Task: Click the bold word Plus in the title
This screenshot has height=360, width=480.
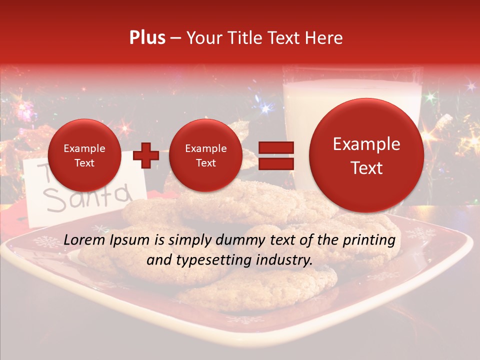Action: [x=147, y=38]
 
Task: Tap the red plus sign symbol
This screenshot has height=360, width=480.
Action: [x=146, y=155]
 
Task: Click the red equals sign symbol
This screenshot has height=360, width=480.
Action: [x=276, y=155]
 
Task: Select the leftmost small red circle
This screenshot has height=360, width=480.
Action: [x=84, y=155]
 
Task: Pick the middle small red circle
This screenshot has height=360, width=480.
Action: [x=205, y=155]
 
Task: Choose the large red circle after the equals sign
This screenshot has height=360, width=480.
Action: [x=366, y=155]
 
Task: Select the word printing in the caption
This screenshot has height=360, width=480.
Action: [x=368, y=240]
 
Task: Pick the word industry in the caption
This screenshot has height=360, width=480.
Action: [x=286, y=260]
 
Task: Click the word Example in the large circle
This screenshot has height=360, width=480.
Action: [x=366, y=144]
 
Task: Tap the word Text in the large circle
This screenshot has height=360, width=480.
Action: [x=366, y=168]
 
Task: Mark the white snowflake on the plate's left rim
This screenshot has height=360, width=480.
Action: [x=46, y=241]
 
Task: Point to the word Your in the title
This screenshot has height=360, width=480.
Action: [x=203, y=38]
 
